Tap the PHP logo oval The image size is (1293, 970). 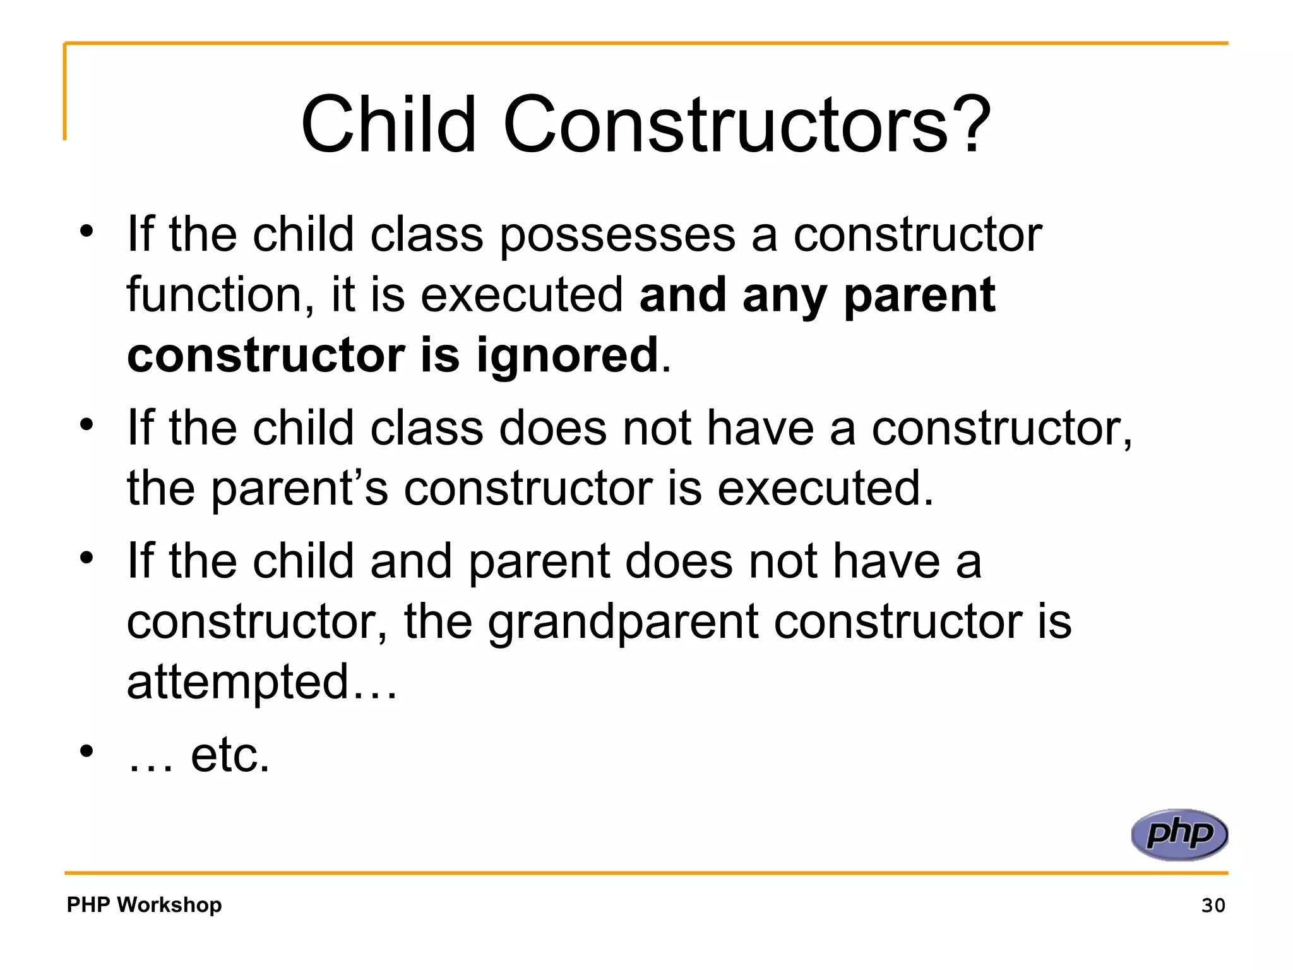pos(1179,834)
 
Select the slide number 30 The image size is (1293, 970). pos(1213,905)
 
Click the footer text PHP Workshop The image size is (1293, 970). pos(144,904)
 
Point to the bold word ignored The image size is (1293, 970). pos(567,355)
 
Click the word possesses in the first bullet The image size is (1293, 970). pos(617,235)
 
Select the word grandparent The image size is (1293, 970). pos(623,622)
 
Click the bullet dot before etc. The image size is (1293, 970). pos(86,751)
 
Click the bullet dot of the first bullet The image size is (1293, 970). pos(86,231)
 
